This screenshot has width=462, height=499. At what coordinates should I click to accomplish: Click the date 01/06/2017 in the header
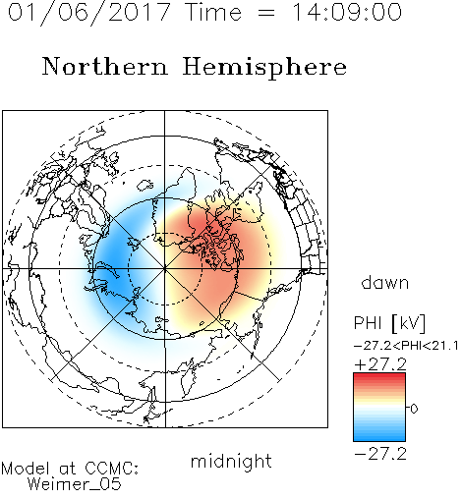89,13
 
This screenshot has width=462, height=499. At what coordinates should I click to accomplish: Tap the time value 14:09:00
347,12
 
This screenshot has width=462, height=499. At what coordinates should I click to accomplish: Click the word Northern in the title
105,66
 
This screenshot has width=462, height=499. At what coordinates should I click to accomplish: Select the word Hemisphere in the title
264,68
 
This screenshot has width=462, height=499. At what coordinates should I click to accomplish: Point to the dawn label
385,283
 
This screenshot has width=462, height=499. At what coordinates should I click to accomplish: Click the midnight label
231,461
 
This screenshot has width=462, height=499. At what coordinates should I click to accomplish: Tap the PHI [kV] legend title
389,323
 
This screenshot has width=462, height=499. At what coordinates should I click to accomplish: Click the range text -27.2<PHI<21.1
406,346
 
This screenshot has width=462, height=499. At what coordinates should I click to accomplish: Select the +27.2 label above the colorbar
380,364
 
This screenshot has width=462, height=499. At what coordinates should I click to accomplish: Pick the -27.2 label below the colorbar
380,455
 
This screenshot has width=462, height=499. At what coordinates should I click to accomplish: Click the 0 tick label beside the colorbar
414,409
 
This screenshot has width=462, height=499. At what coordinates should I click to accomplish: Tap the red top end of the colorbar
379,375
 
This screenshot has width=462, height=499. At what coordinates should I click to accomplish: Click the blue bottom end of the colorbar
379,438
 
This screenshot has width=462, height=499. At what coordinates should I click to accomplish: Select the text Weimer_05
75,484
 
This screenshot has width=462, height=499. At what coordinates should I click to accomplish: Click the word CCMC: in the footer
111,469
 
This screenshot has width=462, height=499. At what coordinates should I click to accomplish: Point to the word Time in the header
213,13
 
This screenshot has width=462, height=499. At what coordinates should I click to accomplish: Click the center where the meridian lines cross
165,269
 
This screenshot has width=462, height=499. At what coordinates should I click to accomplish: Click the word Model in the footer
26,469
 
